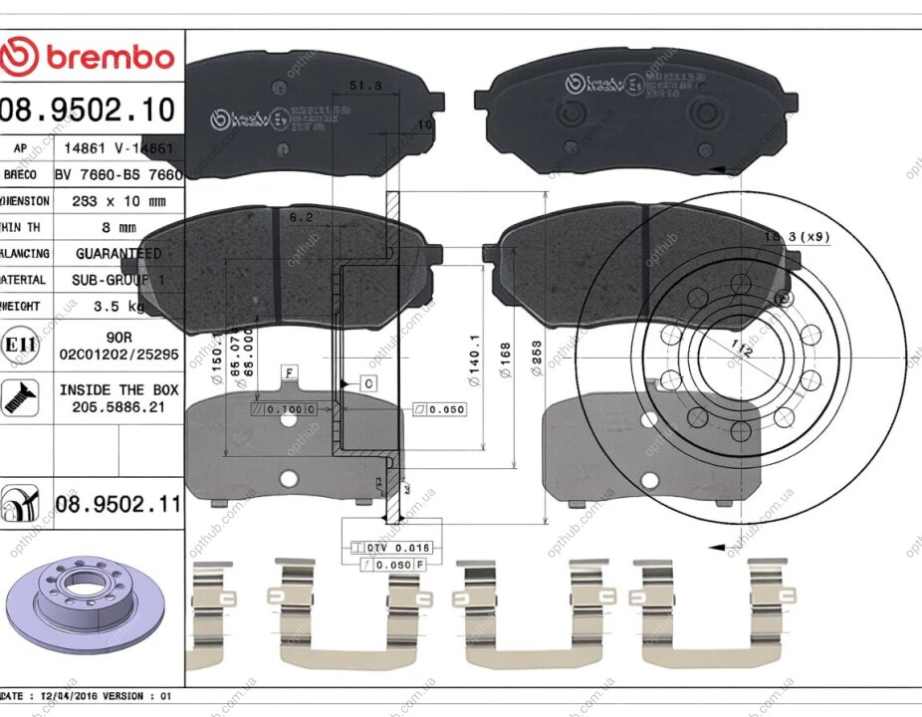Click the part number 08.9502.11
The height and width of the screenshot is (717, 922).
(x=118, y=504)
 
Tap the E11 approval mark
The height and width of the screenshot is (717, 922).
(x=20, y=345)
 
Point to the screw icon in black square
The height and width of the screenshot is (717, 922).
(x=20, y=396)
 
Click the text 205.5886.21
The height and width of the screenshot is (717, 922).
(x=118, y=407)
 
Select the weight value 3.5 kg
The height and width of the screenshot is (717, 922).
(x=118, y=307)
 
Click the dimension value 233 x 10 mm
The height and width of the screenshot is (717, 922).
(x=118, y=200)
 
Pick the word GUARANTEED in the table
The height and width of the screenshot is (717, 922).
(x=118, y=254)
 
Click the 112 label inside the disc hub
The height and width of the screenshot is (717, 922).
(x=738, y=349)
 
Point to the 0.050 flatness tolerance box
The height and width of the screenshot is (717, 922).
(x=437, y=408)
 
